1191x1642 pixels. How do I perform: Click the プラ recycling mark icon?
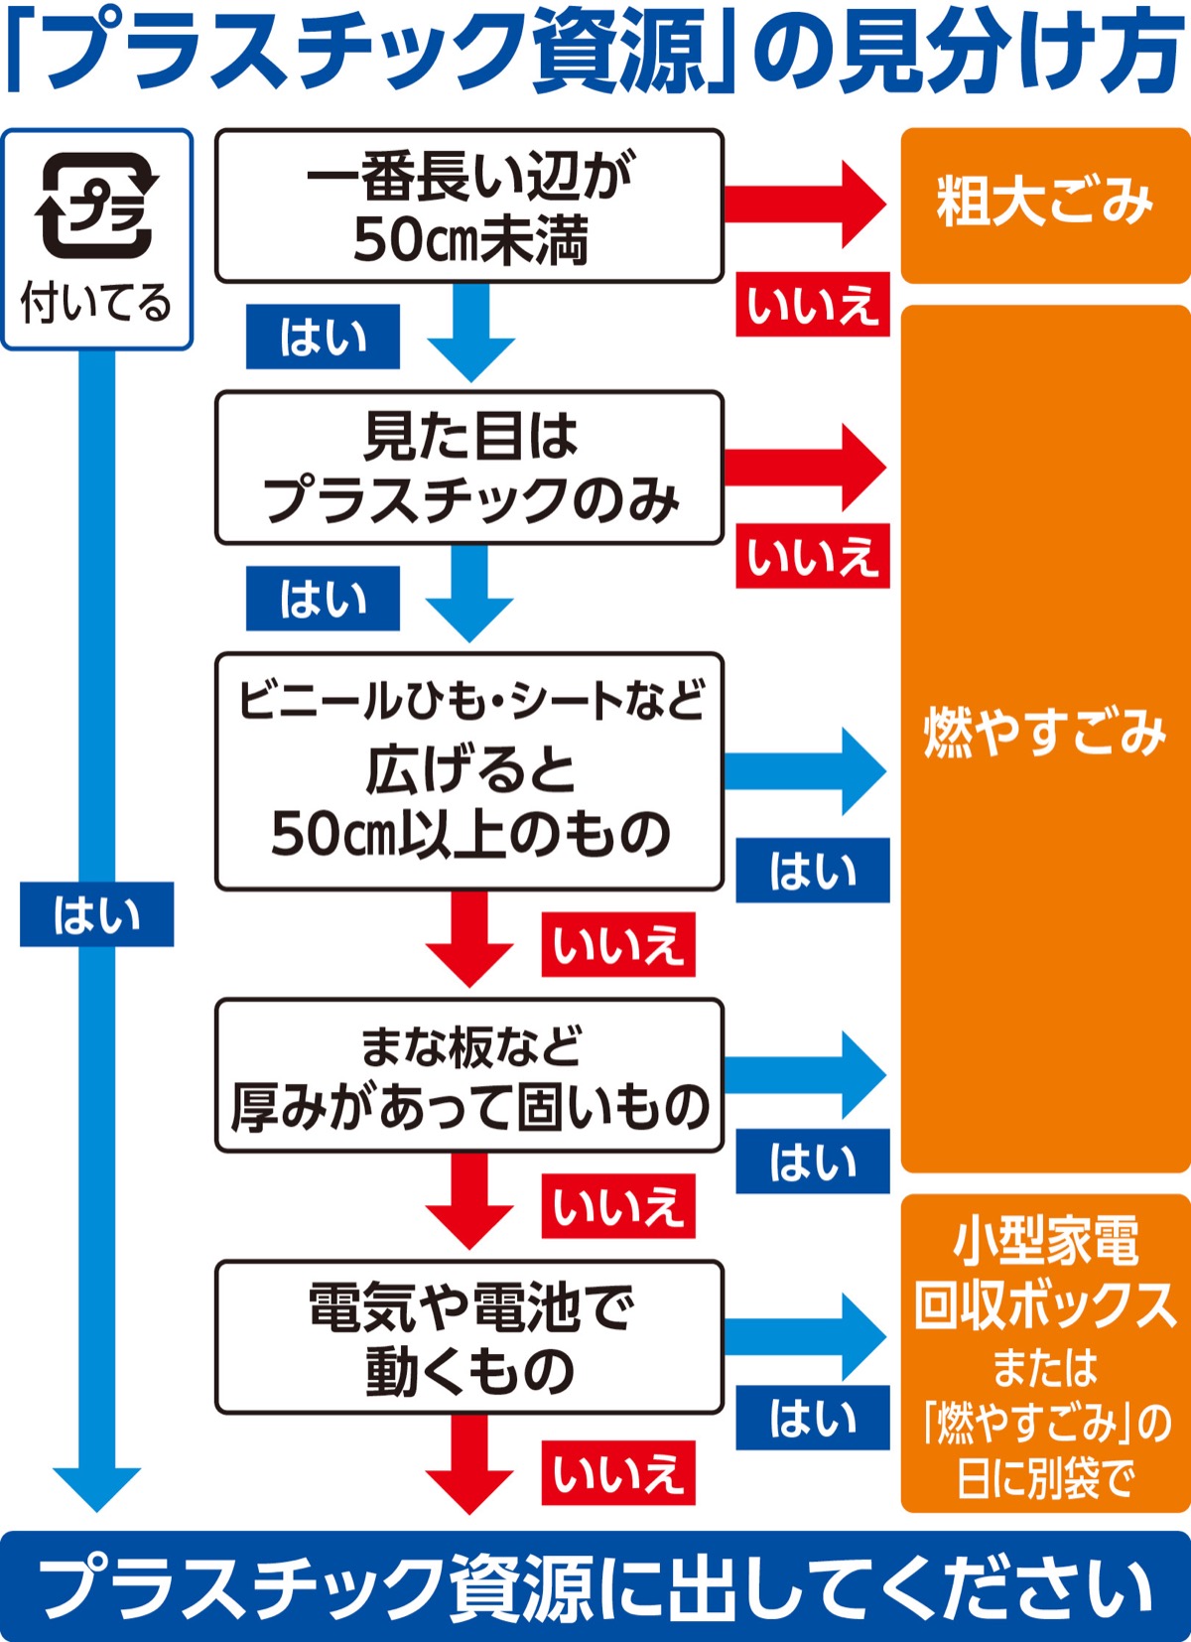tap(97, 205)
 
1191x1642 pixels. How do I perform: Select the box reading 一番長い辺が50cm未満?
tap(469, 206)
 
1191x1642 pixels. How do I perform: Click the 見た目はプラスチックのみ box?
tap(469, 468)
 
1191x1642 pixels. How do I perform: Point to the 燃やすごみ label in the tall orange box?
tap(1045, 733)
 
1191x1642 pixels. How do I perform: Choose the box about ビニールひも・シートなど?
tap(469, 770)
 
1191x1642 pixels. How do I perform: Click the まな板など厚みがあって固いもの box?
tap(469, 1076)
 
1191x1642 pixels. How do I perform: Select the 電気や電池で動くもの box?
tap(469, 1337)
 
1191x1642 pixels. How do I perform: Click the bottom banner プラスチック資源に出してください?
tap(595, 1586)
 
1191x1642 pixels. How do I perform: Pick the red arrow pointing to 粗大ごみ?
tap(804, 205)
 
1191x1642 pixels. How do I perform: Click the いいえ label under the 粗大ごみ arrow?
tap(812, 305)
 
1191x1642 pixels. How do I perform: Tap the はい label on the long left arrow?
tap(97, 914)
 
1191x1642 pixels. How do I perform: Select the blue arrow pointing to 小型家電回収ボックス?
tap(804, 1336)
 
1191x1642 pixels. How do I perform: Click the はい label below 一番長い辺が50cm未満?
tap(324, 338)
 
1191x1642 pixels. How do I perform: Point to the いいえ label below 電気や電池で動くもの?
tap(618, 1472)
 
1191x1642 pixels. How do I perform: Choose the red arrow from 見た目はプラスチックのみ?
tap(804, 467)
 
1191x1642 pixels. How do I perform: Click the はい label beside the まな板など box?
tap(812, 1161)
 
